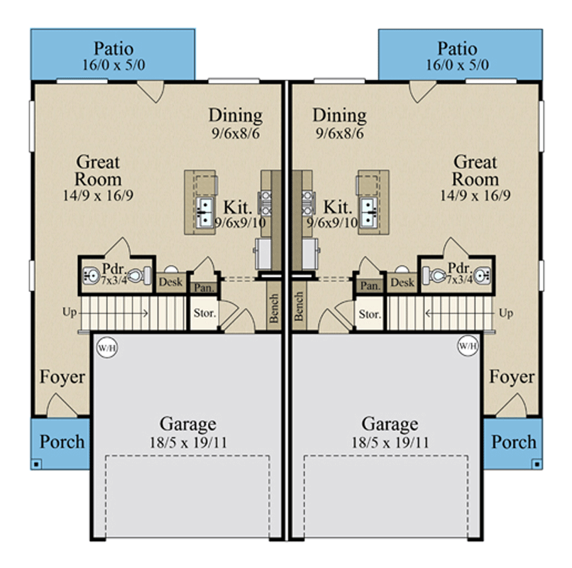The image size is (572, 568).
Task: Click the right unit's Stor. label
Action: click(x=370, y=313)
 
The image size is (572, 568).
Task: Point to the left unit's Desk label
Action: click(x=170, y=282)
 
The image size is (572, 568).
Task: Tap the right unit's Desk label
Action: click(x=402, y=282)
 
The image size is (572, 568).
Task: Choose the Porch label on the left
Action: click(x=62, y=442)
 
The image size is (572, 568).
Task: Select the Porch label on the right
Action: click(x=515, y=442)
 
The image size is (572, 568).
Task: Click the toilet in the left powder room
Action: click(x=142, y=273)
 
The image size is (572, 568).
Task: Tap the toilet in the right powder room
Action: click(x=435, y=274)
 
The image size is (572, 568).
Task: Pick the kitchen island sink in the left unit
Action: click(x=204, y=209)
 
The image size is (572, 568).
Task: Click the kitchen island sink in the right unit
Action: click(x=368, y=209)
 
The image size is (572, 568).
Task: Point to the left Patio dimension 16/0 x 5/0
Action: click(x=114, y=65)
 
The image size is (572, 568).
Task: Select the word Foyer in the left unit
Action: click(x=62, y=377)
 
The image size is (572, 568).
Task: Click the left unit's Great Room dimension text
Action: click(x=98, y=195)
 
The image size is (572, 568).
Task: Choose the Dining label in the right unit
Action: click(x=339, y=115)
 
